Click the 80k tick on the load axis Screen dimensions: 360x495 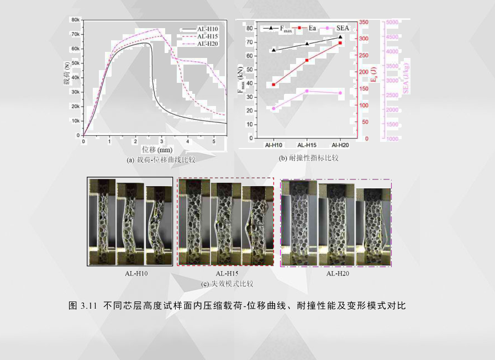point(75,19)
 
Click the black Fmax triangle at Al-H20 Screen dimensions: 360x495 point(340,37)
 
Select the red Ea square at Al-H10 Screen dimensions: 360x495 point(273,84)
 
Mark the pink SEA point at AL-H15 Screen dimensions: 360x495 point(307,91)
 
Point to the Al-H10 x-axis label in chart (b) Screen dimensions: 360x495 point(273,145)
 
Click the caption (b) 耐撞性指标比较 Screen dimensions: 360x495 point(308,158)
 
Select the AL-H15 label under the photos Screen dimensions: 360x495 point(227,273)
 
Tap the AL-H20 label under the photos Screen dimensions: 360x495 point(338,273)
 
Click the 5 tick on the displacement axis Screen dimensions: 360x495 point(214,141)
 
